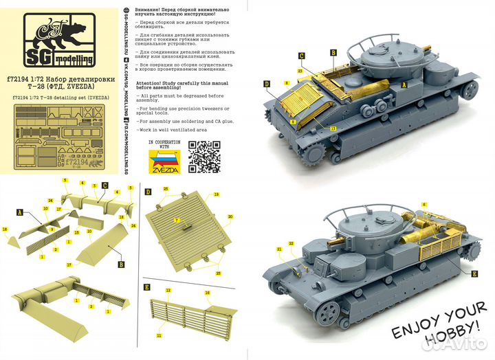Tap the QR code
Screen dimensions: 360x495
coord(204,155)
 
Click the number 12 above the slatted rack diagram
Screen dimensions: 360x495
coord(168,291)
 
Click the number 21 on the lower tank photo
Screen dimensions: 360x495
coord(279,249)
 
